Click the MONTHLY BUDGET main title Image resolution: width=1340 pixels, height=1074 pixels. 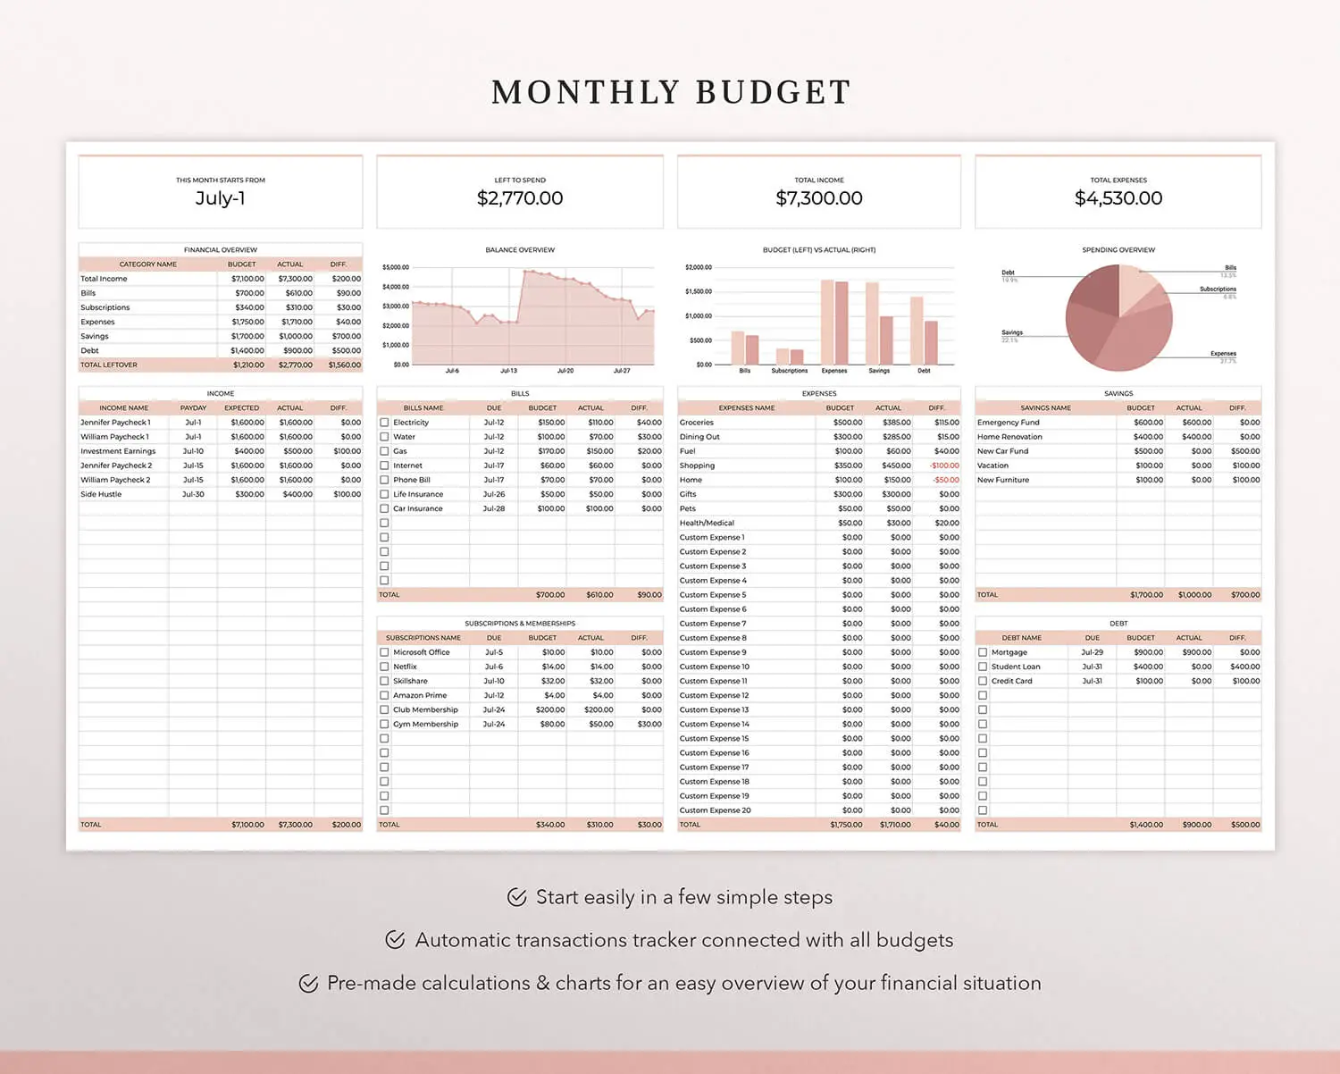(671, 92)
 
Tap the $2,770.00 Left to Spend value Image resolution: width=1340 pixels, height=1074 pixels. (520, 198)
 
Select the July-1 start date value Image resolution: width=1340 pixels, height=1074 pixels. (220, 198)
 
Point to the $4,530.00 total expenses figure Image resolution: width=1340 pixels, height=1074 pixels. (1118, 198)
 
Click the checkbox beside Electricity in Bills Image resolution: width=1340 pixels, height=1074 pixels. (384, 423)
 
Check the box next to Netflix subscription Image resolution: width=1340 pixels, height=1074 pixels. (384, 667)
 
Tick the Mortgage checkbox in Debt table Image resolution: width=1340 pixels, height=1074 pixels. (983, 652)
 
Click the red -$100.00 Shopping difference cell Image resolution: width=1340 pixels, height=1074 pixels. (944, 466)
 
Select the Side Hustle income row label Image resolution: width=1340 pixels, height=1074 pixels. (101, 494)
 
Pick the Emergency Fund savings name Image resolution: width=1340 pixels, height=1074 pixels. (1008, 423)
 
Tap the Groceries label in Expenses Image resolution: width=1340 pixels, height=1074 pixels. (697, 423)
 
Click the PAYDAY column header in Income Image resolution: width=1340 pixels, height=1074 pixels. (193, 408)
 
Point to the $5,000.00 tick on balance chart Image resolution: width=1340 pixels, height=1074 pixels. (396, 267)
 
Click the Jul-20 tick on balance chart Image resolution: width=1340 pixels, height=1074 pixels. (565, 371)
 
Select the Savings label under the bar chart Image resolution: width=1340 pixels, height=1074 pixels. (879, 371)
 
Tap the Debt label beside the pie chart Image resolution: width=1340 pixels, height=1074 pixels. (1008, 273)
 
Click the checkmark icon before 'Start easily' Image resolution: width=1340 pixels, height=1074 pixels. (516, 897)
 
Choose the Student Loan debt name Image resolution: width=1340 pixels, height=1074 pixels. (1016, 667)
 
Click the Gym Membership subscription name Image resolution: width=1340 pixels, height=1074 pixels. (425, 725)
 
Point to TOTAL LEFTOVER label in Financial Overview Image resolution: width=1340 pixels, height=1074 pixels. (109, 365)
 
